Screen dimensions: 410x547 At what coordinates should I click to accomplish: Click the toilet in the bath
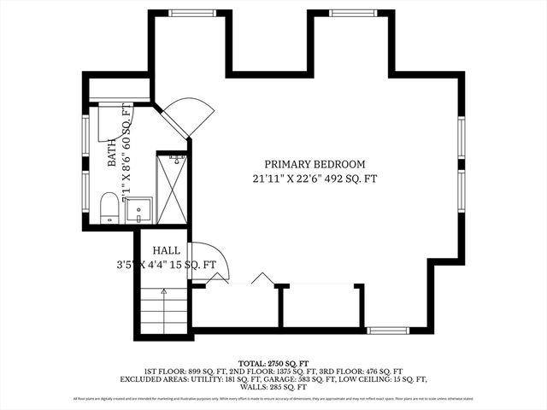tap(109, 208)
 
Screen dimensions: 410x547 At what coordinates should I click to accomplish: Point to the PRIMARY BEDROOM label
tap(315, 164)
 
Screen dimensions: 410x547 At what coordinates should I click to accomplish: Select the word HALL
tap(166, 250)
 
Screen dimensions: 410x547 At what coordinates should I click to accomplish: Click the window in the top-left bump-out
tap(190, 13)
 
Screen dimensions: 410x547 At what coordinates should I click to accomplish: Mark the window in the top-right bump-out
tap(350, 13)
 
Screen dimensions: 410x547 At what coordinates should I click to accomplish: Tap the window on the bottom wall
tap(388, 330)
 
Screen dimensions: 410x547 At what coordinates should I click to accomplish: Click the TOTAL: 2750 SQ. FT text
tap(273, 363)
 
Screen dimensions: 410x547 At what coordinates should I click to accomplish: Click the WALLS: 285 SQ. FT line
tap(273, 386)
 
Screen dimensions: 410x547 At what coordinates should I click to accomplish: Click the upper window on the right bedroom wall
tap(461, 138)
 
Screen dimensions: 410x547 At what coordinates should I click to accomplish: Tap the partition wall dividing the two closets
tap(280, 305)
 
